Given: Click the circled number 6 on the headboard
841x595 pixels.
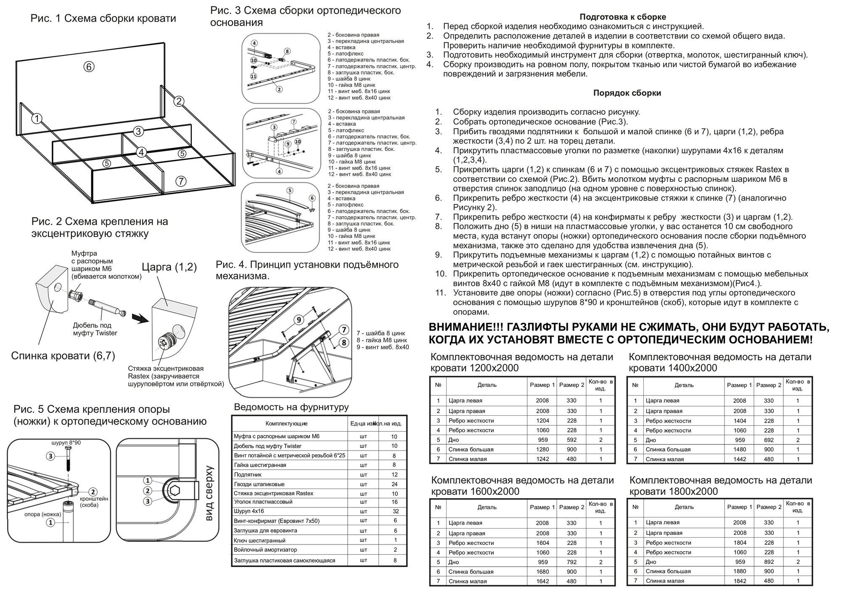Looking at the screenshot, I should coord(88,66).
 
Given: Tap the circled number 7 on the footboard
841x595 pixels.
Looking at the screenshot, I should coord(181,181).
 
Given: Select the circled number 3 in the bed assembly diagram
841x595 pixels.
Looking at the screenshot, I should coord(139,131).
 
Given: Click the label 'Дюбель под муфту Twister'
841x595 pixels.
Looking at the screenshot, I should coord(95,329).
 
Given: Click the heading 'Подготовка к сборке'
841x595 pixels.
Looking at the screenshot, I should coord(623,17).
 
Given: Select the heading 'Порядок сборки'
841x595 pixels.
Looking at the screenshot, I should coord(627,93).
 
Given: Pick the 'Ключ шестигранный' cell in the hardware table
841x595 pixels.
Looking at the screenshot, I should coord(259,540).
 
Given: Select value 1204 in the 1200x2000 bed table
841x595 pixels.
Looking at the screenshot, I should coord(542,420).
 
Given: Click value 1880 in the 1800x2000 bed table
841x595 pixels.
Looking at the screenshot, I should coord(740,571).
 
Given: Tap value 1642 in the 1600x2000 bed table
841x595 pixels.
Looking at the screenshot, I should coord(542,581).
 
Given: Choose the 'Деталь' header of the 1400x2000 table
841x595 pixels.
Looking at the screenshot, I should coord(684,385).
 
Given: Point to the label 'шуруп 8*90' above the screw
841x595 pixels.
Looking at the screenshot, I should coord(66,443).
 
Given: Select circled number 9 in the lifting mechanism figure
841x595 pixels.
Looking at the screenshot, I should coord(299,320).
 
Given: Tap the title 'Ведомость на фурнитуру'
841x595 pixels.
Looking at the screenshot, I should coord(291,407).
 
